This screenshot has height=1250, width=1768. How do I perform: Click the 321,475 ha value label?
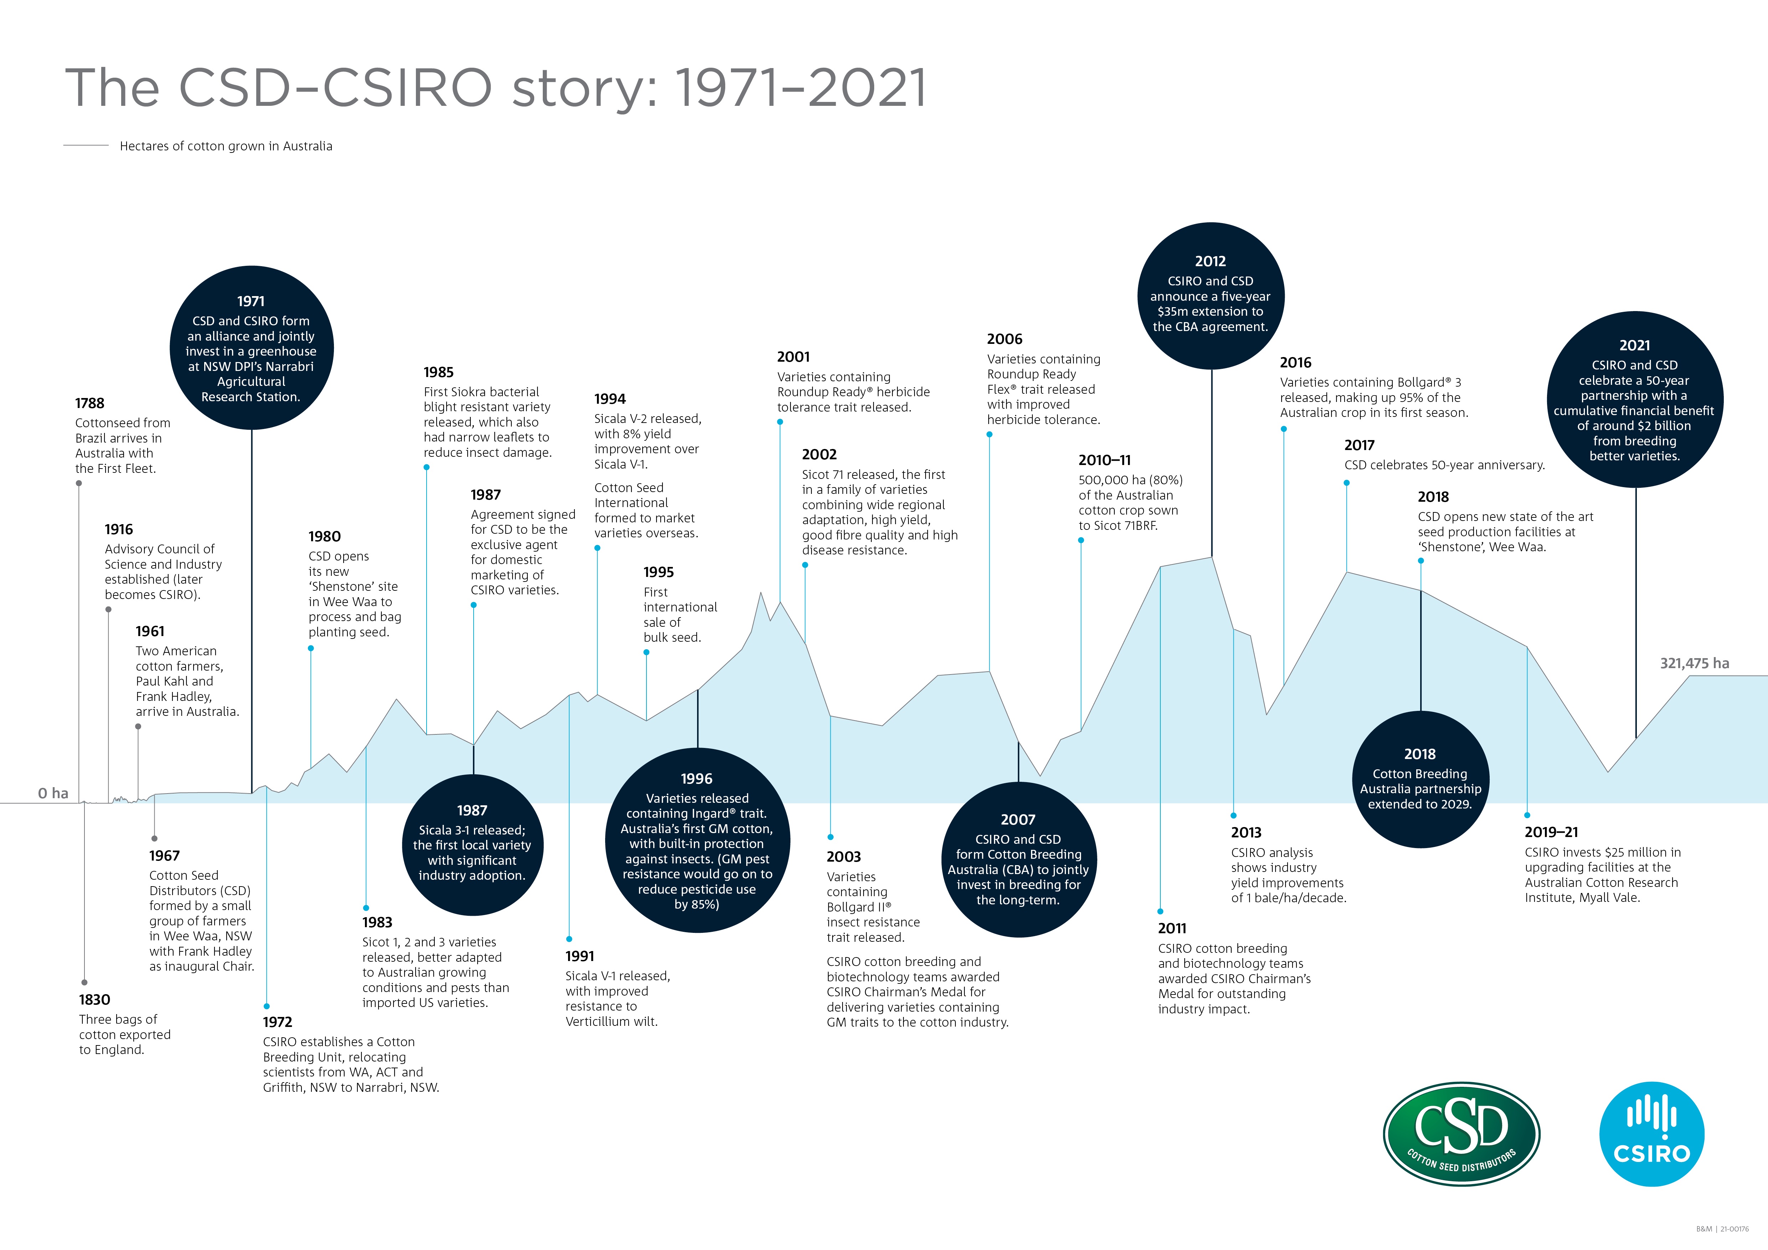(1694, 663)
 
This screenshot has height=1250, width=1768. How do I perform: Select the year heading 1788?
(89, 403)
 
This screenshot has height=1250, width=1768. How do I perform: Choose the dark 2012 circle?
(1211, 295)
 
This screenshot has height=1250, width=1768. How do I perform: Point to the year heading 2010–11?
(1104, 460)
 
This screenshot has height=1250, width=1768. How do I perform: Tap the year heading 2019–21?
(1551, 832)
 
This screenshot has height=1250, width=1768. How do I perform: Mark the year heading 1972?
(277, 1022)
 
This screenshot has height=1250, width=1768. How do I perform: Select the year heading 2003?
(843, 857)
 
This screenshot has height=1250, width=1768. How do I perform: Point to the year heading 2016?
(1295, 362)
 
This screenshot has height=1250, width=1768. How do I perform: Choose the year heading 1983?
(377, 922)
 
